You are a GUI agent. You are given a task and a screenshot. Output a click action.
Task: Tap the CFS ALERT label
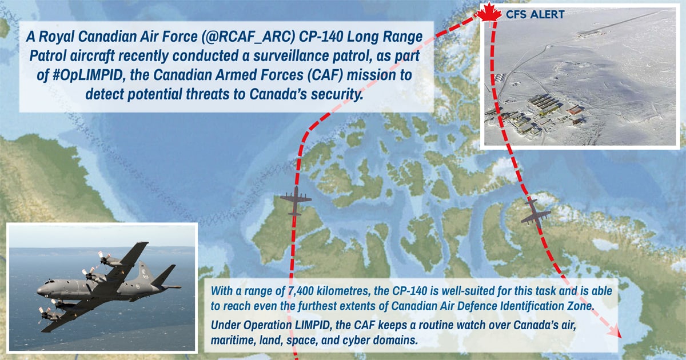(x=535, y=14)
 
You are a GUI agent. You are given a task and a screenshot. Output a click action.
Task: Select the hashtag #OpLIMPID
(x=87, y=75)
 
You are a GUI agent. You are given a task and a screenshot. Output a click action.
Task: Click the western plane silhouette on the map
(x=296, y=201)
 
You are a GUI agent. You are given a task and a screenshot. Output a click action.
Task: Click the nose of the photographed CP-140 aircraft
(x=39, y=290)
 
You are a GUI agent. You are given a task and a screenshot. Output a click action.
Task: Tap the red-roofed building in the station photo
(x=575, y=109)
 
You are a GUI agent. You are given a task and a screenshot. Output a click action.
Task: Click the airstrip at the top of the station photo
(x=622, y=22)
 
